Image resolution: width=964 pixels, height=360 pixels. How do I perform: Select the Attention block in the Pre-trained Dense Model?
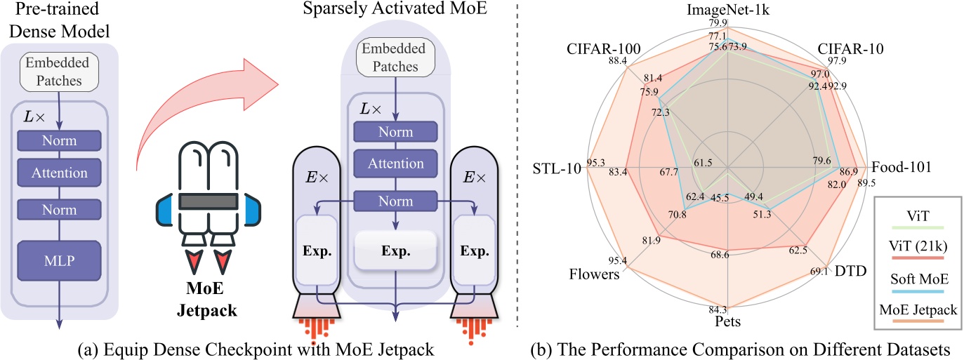click(60, 173)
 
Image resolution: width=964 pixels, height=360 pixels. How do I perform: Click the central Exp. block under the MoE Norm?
click(396, 250)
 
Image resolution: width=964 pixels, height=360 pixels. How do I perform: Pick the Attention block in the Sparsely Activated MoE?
click(396, 164)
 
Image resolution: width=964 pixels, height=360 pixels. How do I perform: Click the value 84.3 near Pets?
click(727, 309)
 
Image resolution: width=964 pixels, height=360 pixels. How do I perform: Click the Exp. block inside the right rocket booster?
click(474, 251)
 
